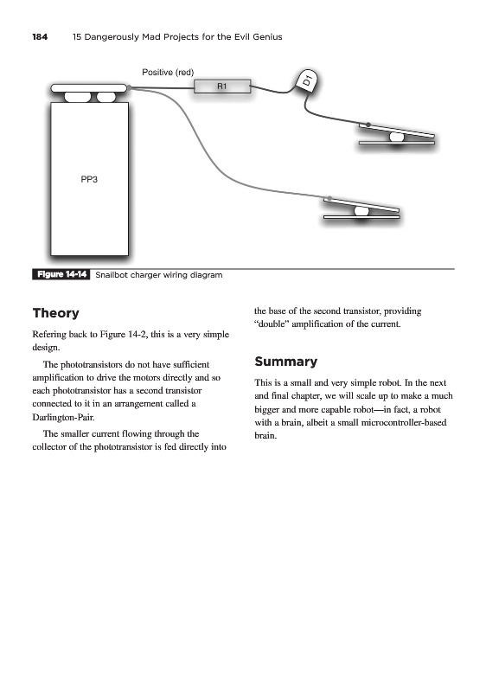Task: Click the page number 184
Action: (x=40, y=37)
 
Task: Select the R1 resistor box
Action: (x=222, y=86)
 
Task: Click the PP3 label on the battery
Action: (x=89, y=179)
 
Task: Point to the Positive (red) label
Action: (x=168, y=73)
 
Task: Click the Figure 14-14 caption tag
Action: (x=61, y=274)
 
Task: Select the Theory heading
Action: (x=55, y=313)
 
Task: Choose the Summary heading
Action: (x=285, y=362)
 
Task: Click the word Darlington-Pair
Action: (x=63, y=417)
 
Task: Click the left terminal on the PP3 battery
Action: (x=78, y=97)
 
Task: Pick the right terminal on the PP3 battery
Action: (x=106, y=97)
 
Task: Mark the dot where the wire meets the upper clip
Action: (x=368, y=125)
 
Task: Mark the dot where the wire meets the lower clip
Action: (x=329, y=199)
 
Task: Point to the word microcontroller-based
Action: (x=404, y=422)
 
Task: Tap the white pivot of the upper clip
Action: (x=396, y=137)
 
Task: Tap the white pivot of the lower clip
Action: (x=361, y=211)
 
